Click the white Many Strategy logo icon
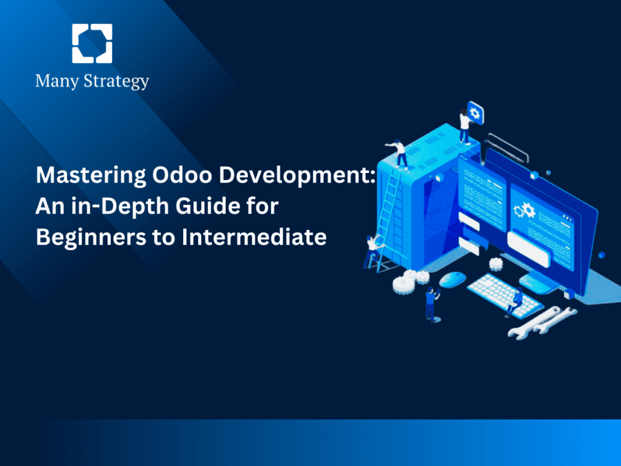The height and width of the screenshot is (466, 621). (92, 44)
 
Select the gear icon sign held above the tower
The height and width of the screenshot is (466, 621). (474, 113)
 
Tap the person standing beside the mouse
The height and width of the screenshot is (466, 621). (431, 303)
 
